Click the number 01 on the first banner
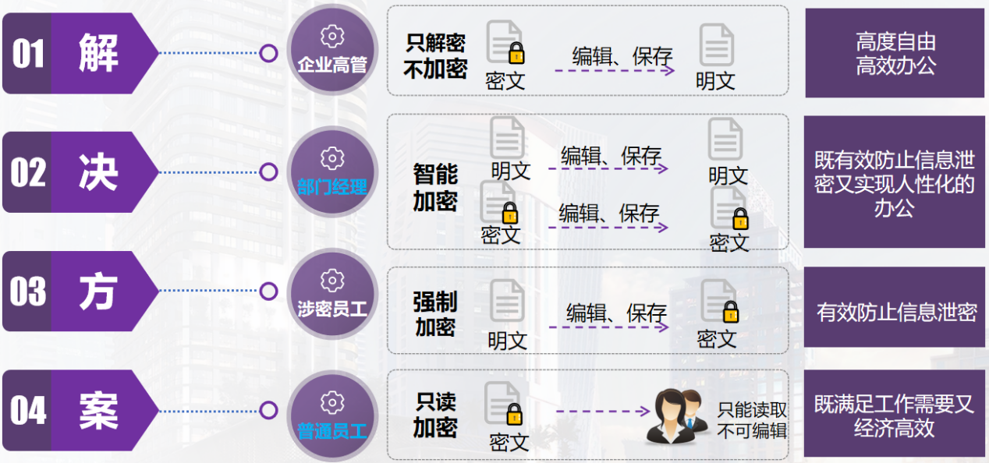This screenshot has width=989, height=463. [28, 54]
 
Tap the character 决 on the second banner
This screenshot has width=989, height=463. [98, 172]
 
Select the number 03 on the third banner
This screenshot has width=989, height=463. [28, 292]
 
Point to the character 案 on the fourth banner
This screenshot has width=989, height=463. [98, 411]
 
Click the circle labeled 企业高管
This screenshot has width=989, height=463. [332, 52]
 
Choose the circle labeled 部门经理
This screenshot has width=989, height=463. [332, 171]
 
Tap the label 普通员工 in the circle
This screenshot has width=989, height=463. [332, 429]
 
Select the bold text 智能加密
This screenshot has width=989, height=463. [435, 187]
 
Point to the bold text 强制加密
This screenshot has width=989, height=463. [435, 314]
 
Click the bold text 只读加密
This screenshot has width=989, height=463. [435, 415]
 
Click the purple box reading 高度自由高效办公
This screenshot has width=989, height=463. [895, 53]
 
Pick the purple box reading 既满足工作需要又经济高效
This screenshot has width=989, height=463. [895, 415]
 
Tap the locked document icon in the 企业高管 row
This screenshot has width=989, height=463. [505, 42]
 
